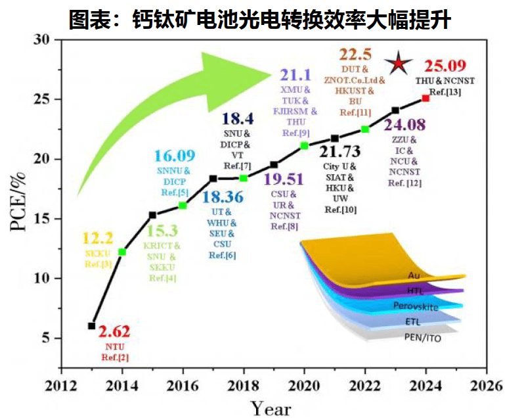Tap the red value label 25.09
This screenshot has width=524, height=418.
pyautogui.click(x=447, y=66)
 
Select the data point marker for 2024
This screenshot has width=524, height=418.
pyautogui.click(x=426, y=98)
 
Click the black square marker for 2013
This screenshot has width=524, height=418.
pyautogui.click(x=91, y=325)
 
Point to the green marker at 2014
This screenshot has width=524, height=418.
pyautogui.click(x=122, y=252)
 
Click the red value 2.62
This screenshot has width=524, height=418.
pyautogui.click(x=116, y=331)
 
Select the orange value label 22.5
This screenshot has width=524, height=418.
pyautogui.click(x=355, y=54)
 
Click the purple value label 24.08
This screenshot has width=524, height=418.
pyautogui.click(x=404, y=124)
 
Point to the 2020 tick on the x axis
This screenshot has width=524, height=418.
pyautogui.click(x=304, y=386)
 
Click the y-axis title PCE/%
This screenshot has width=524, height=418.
pyautogui.click(x=18, y=201)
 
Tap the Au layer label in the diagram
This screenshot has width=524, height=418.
pyautogui.click(x=414, y=275)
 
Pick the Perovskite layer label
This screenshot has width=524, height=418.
pyautogui.click(x=415, y=306)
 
